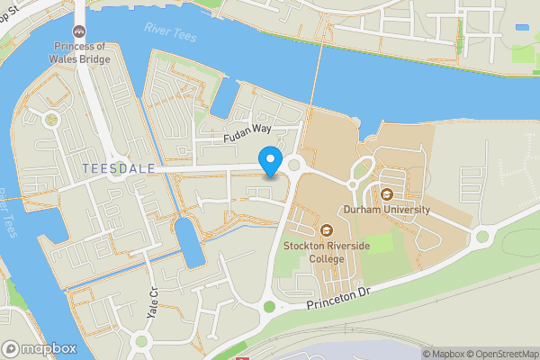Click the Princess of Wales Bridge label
81,53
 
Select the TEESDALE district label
116,168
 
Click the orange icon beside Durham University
386,193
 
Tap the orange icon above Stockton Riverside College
326,231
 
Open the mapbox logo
39,348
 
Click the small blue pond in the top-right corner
522,28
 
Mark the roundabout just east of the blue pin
294,165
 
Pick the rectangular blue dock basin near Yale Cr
188,241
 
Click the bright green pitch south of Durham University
379,243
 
